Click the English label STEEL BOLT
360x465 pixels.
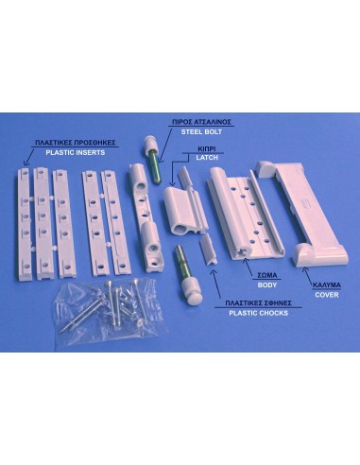click(x=201, y=132)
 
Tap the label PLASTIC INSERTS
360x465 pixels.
click(x=76, y=153)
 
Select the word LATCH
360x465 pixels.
click(x=207, y=158)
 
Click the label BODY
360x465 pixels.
click(x=267, y=285)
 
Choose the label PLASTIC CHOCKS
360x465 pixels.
click(x=258, y=313)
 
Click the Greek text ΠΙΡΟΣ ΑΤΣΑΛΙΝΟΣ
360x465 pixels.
click(x=201, y=122)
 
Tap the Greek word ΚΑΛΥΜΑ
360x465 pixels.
click(x=327, y=285)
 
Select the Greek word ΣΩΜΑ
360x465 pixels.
click(x=267, y=275)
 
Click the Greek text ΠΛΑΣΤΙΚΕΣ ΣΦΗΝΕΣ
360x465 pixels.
click(x=258, y=303)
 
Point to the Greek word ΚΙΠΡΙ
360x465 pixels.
click(x=207, y=148)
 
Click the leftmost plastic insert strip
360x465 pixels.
click(x=25, y=224)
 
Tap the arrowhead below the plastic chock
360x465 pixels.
click(x=214, y=271)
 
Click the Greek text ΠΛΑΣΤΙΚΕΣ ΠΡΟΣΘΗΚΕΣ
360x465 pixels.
click(x=76, y=143)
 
